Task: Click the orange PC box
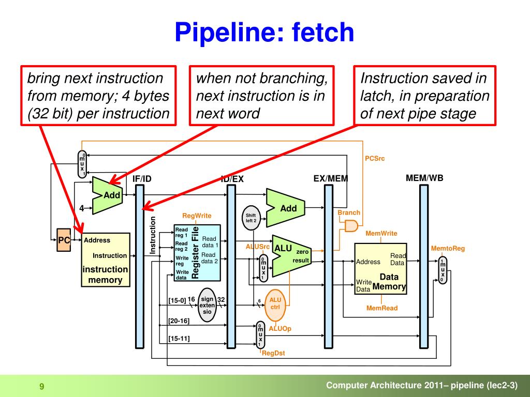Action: click(64, 240)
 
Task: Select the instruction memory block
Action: click(106, 259)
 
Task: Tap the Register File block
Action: click(197, 253)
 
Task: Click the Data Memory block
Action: click(380, 269)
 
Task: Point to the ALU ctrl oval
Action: click(275, 305)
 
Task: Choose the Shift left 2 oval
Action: click(251, 218)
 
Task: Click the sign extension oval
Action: click(207, 305)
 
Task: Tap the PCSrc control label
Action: click(375, 158)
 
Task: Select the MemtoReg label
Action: click(448, 249)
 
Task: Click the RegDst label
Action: click(273, 353)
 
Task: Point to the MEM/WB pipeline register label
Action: click(424, 178)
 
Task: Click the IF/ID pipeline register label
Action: click(142, 178)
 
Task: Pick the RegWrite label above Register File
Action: click(197, 216)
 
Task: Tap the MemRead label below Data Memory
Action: click(382, 308)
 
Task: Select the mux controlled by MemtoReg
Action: click(443, 270)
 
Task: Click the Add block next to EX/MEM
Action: click(286, 208)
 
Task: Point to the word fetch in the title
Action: click(323, 32)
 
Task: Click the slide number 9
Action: click(42, 387)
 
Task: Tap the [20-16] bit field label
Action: click(179, 320)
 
